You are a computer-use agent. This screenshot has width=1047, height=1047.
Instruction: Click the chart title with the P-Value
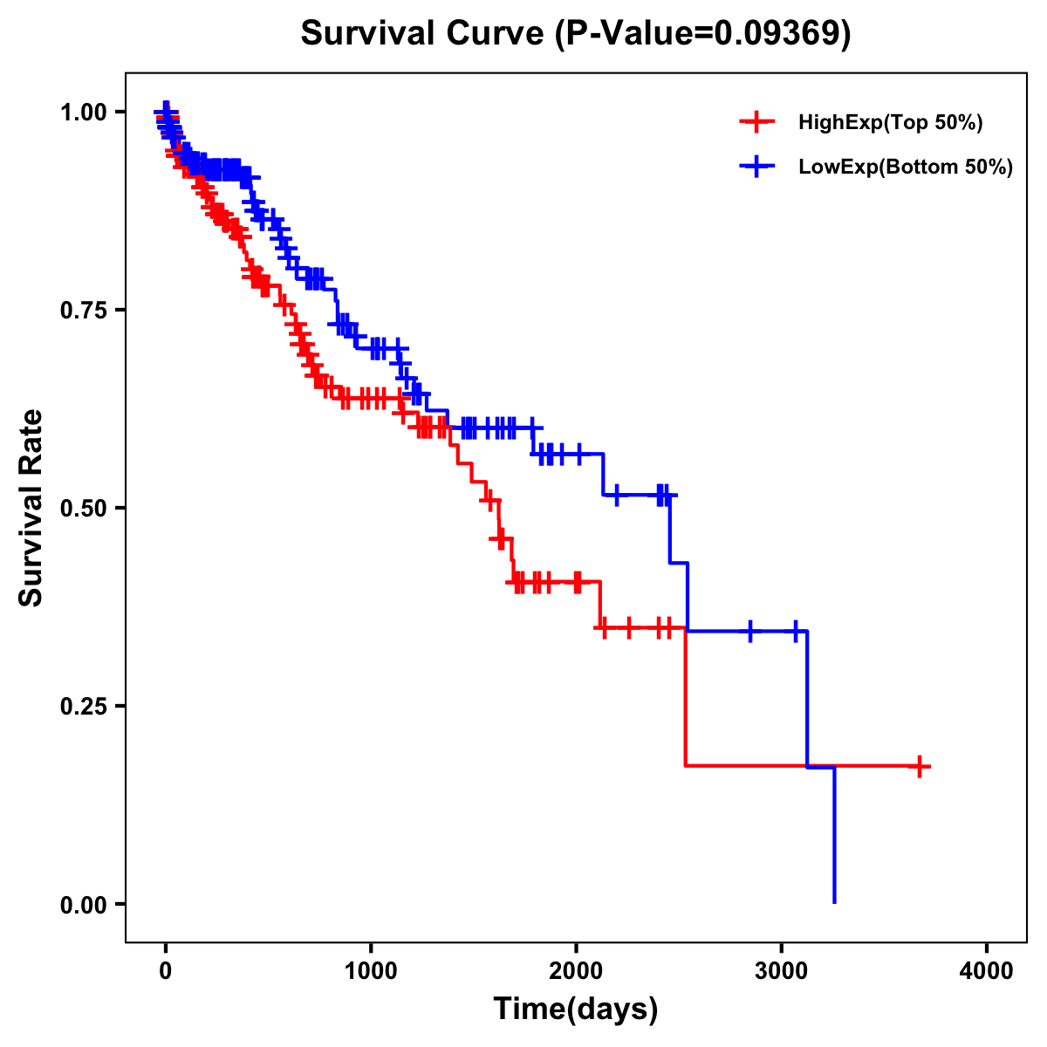click(576, 33)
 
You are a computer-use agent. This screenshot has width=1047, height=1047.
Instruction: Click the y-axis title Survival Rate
click(31, 507)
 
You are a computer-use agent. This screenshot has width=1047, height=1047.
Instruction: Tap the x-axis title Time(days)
click(576, 1009)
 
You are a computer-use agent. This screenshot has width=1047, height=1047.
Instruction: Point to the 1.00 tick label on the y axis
click(83, 112)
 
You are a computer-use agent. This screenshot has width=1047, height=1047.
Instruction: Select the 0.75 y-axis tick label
click(83, 310)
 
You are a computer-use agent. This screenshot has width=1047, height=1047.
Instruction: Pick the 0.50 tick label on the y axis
click(83, 508)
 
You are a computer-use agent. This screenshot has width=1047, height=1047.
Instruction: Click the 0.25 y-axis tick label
click(83, 706)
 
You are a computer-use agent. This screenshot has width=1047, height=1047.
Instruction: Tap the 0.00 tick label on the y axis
click(83, 904)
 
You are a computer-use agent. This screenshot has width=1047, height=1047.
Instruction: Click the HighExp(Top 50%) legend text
click(891, 123)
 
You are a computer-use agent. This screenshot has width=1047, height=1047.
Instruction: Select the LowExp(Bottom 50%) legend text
click(906, 167)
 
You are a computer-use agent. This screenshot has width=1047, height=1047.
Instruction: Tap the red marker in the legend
click(756, 122)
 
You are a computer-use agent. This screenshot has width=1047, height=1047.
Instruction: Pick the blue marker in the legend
click(756, 166)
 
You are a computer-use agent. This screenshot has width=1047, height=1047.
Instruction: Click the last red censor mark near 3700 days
click(919, 766)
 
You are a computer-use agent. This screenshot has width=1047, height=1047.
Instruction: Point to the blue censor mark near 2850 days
click(750, 631)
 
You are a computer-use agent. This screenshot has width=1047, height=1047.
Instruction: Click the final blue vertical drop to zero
click(834, 838)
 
